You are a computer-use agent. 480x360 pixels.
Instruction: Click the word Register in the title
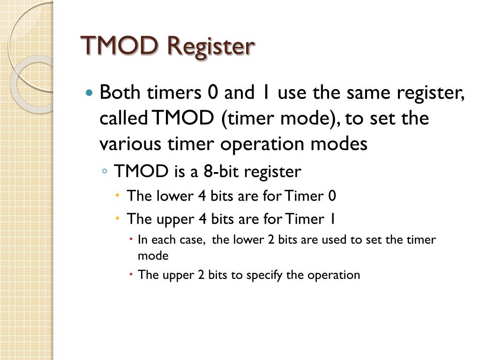tap(211, 47)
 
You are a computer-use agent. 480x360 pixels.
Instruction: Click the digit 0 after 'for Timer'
tap(332, 195)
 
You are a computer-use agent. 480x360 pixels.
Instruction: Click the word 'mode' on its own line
tap(153, 256)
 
